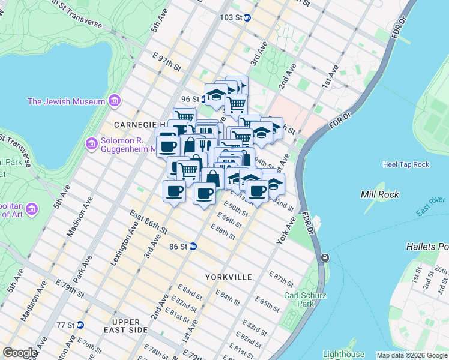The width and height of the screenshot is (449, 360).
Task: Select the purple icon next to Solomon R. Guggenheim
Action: (x=92, y=143)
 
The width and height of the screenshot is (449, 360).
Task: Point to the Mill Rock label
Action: (x=380, y=194)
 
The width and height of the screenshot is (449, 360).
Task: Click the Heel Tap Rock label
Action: (x=406, y=164)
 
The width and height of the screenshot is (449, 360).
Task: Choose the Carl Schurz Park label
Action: (x=298, y=299)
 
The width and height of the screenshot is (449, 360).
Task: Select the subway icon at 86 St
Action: (x=193, y=246)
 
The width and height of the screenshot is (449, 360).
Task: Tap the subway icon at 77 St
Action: (x=80, y=325)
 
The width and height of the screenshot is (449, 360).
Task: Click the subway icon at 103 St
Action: (x=247, y=18)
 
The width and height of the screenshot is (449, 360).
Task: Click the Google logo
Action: (x=20, y=353)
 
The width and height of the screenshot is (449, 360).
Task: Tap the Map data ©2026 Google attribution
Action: (x=412, y=355)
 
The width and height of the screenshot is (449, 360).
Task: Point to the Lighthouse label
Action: (x=343, y=354)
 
